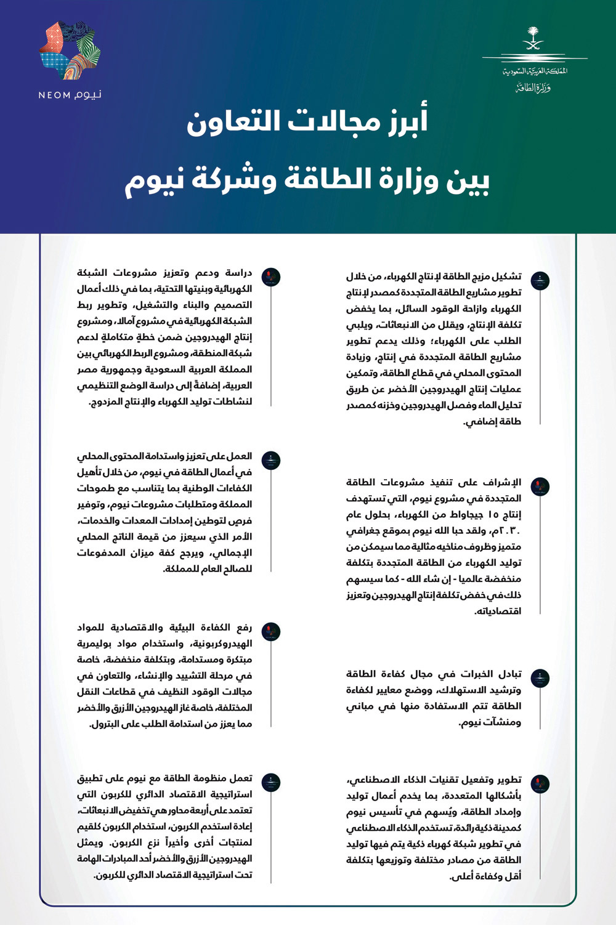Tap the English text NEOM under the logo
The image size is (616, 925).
[x=54, y=95]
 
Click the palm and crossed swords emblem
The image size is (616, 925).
[x=533, y=39]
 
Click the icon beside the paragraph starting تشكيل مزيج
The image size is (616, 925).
[x=540, y=280]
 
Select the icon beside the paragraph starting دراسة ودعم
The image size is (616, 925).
[x=271, y=277]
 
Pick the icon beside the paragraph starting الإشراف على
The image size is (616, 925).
[x=540, y=487]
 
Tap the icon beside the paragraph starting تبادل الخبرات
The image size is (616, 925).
[x=540, y=677]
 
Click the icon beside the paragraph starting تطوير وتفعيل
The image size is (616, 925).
[x=540, y=784]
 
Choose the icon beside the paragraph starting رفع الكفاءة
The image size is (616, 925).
[x=271, y=631]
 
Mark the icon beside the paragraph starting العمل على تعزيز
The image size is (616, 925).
[x=271, y=460]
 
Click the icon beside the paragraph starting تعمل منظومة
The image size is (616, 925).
[x=271, y=783]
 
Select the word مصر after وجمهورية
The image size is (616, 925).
[x=88, y=370]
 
